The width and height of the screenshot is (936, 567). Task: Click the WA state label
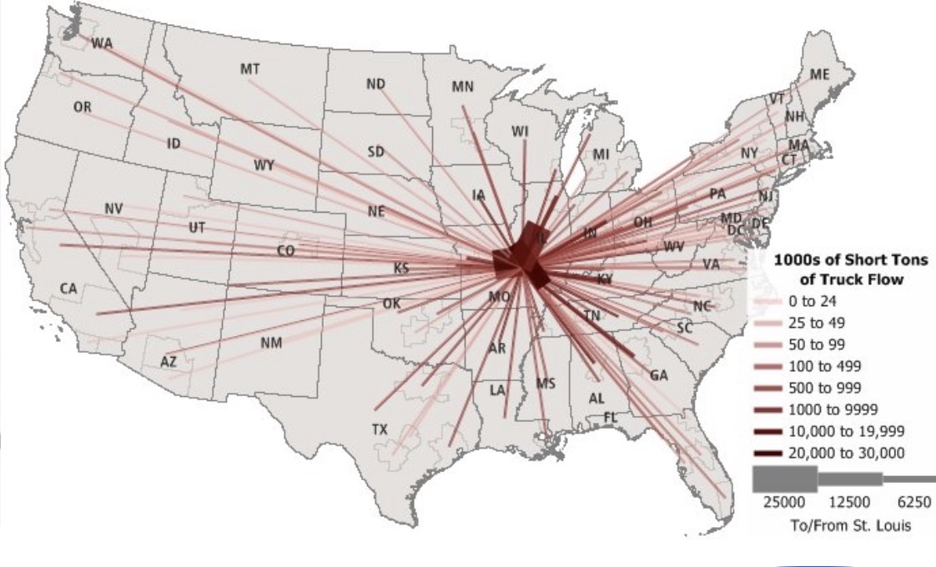coord(102,43)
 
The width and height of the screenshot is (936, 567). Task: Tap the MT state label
coord(250,69)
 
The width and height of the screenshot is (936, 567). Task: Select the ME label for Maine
coord(820,74)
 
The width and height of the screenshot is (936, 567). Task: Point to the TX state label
coord(380,429)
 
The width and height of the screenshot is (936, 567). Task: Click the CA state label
coord(68,289)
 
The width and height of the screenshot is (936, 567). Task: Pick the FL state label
coord(610,416)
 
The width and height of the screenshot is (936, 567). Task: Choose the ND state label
coord(375,84)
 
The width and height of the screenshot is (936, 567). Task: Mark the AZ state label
coord(169,362)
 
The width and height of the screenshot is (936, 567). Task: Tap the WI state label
coord(521,131)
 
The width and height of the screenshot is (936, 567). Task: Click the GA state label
coord(659,375)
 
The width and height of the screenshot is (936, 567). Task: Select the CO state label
coord(285,250)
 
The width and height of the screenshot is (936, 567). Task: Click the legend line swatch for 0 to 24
coord(767,300)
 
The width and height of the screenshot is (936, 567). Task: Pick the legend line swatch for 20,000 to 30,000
coord(767,453)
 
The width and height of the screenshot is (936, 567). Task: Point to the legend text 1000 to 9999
coord(828,409)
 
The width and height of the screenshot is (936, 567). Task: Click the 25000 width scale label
coord(784,502)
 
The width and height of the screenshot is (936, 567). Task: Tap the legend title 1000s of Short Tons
coord(851,260)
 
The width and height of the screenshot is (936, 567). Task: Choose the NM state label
coord(271,343)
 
